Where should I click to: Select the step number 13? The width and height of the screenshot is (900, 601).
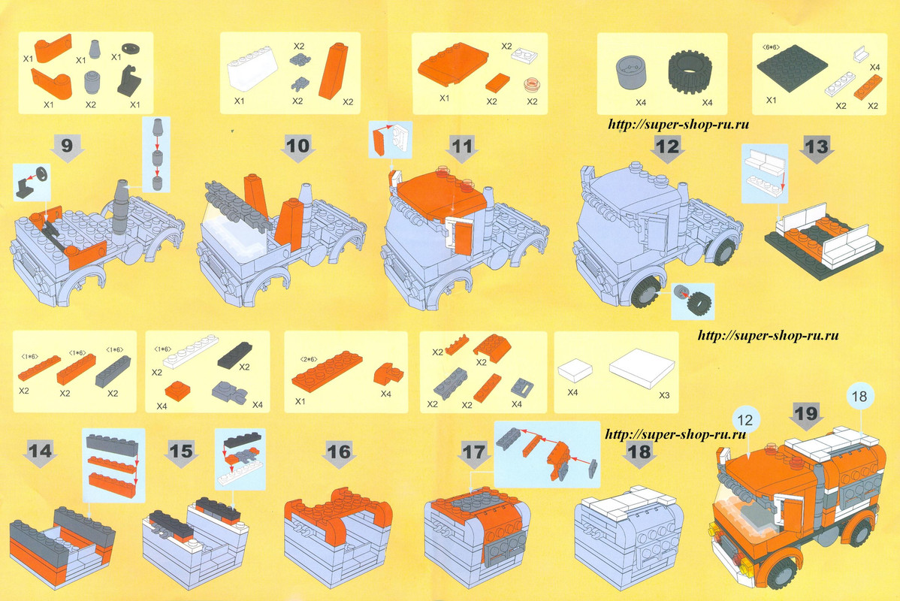coord(817,146)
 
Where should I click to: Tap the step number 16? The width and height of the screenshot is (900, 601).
coord(339,452)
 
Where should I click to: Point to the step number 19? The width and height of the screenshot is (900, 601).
coord(806,412)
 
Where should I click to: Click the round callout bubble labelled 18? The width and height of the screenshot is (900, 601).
coord(859,396)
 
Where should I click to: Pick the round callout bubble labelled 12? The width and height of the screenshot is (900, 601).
coord(745,420)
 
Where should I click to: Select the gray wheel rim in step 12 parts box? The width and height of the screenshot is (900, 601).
coord(632,74)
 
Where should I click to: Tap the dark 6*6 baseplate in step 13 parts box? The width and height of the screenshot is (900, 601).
coord(792,67)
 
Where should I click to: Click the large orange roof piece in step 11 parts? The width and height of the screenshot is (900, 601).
coord(452,64)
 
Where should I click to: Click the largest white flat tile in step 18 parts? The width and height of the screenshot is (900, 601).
coord(642,369)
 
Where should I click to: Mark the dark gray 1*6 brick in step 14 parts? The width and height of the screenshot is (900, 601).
coord(113,371)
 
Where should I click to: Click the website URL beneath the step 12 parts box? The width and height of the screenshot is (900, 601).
coord(678,124)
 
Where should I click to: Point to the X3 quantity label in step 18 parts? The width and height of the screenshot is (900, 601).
coord(664,395)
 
